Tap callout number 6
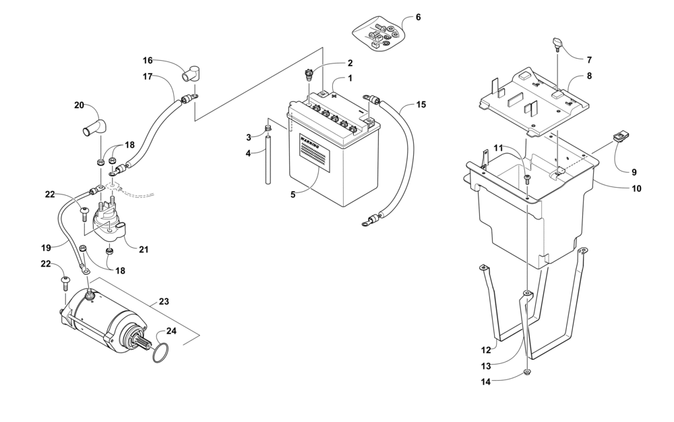click(418, 17)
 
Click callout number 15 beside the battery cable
click(421, 105)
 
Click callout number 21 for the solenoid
click(144, 249)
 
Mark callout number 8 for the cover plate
click(589, 76)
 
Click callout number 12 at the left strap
click(486, 350)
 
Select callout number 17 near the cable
click(148, 76)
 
